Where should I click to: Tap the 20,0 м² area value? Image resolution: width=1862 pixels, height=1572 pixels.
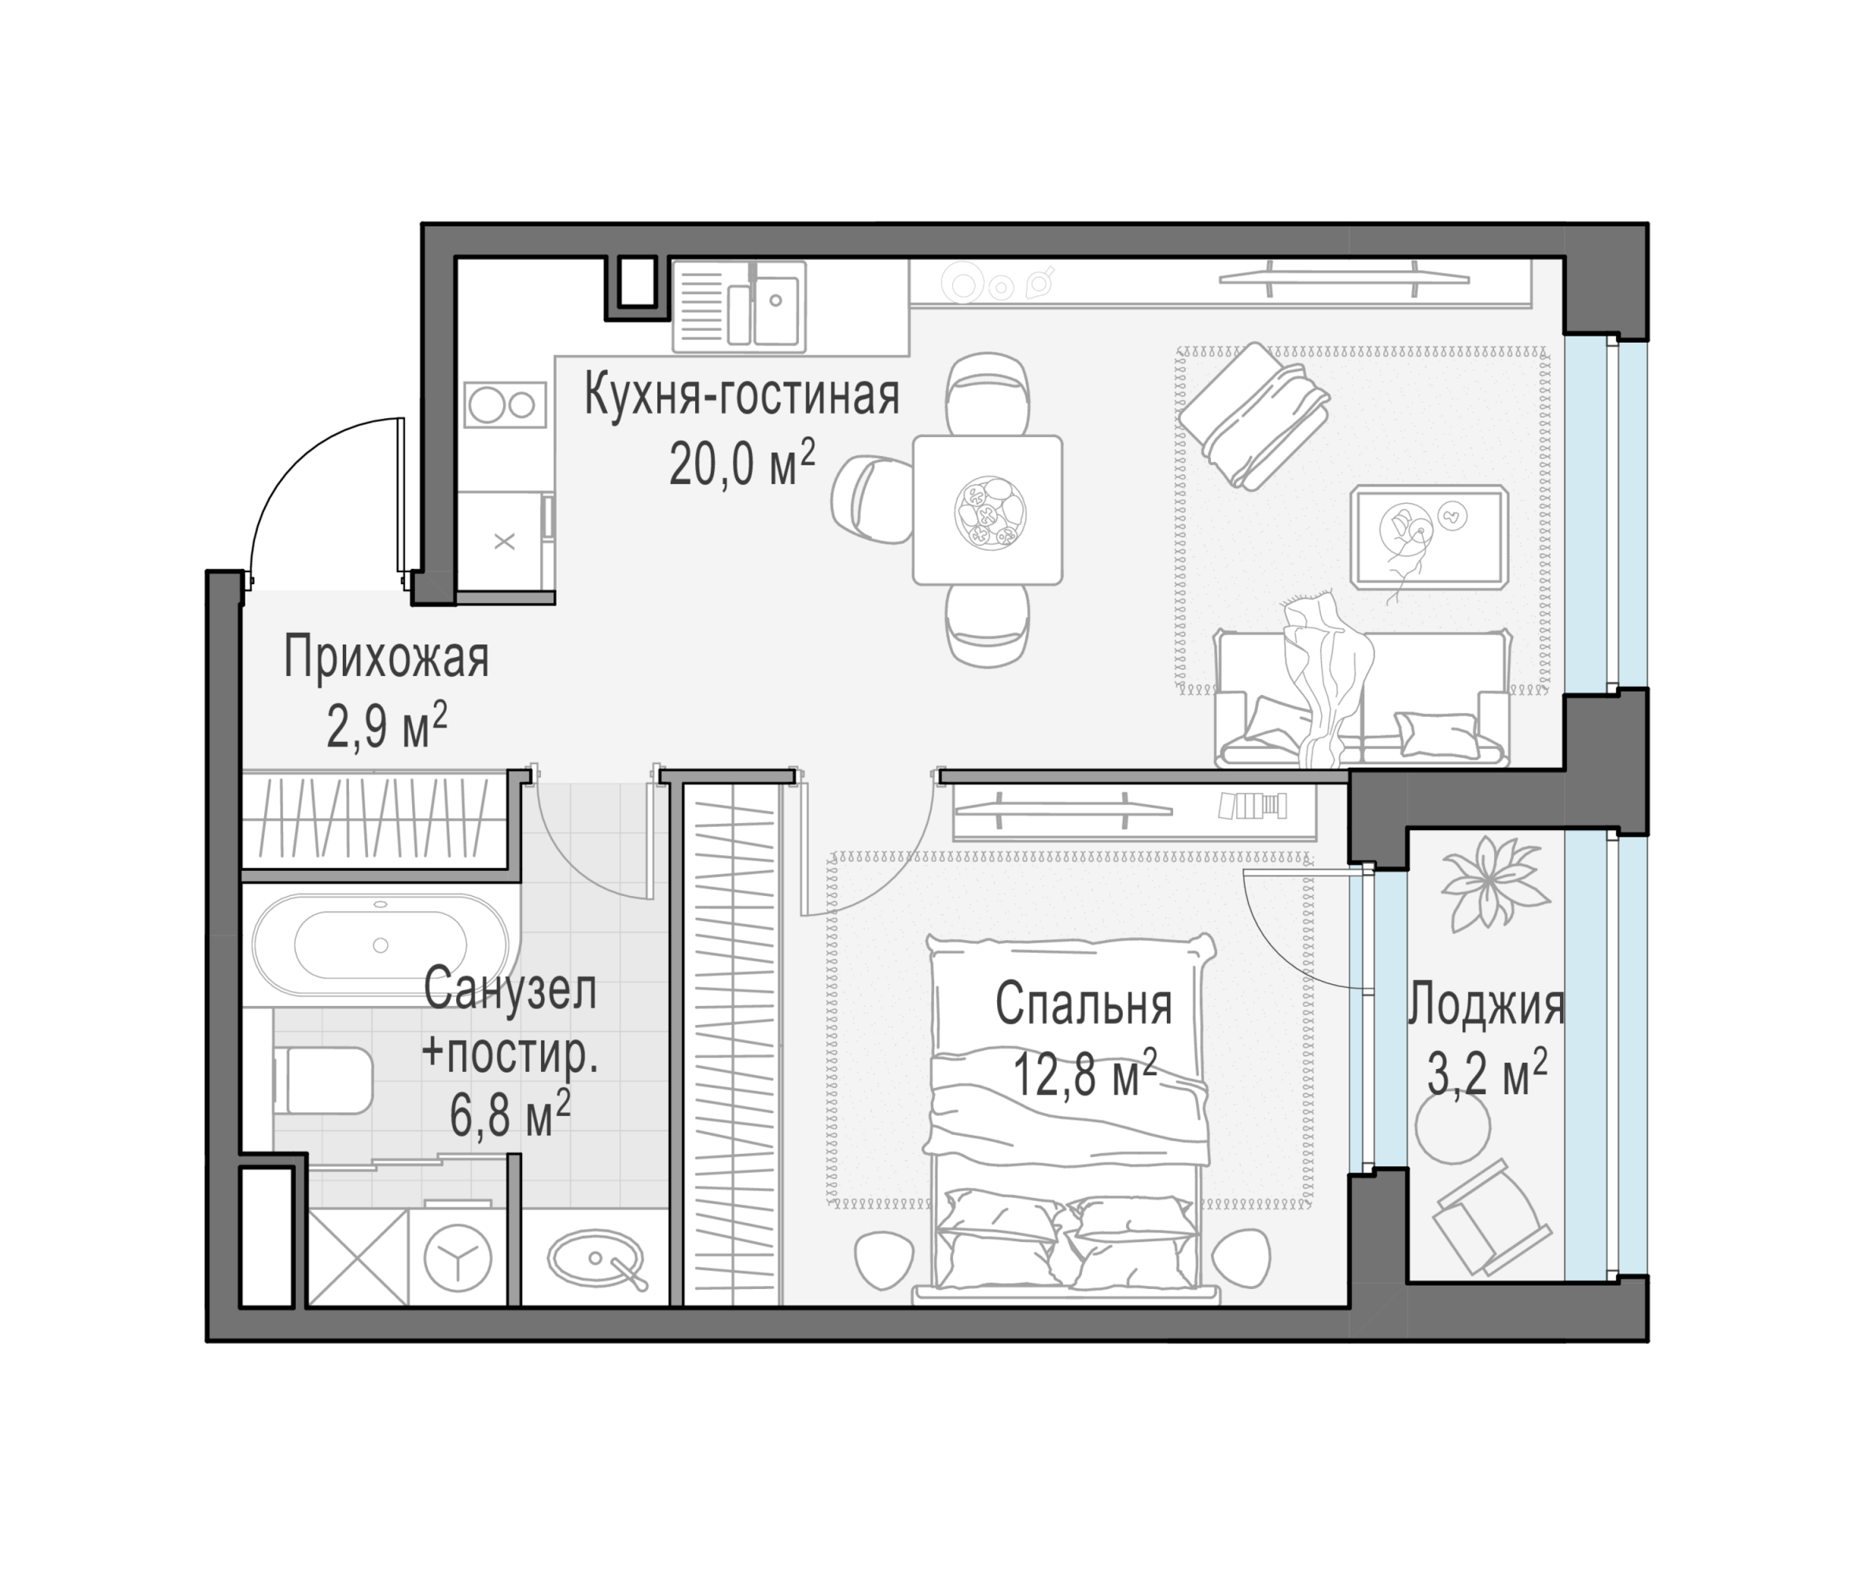point(741,464)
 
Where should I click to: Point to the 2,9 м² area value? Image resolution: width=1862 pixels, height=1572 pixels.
point(386,725)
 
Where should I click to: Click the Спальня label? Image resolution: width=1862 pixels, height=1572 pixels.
point(1083,1005)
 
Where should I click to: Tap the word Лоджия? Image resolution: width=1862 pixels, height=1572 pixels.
point(1486,1005)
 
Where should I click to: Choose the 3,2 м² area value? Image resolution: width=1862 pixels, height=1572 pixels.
point(1486,1073)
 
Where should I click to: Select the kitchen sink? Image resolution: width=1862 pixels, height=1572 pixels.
point(739,306)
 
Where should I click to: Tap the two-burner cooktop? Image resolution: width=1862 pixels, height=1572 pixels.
point(505,406)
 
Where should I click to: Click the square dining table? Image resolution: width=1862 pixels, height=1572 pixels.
point(988,510)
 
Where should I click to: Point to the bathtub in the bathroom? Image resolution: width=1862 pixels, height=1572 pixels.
point(381,945)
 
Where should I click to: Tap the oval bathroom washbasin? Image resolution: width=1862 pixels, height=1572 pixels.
point(596,1258)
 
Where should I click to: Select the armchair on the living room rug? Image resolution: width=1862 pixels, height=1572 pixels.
point(1254,415)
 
